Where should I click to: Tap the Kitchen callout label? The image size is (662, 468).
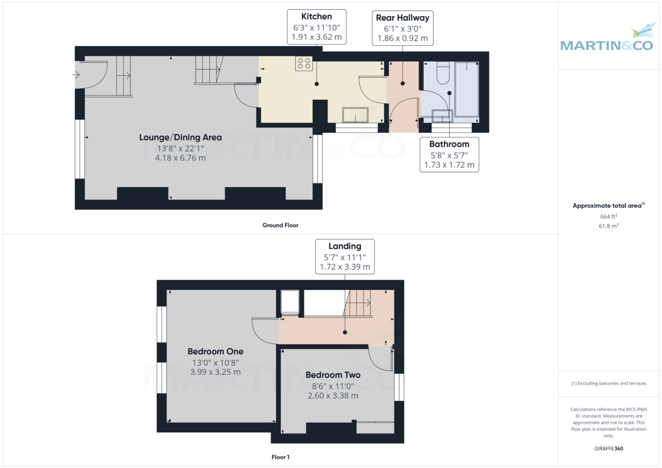coord(317,26)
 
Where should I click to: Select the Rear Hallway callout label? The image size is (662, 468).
coord(402,28)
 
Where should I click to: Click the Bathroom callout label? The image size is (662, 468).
coord(449,154)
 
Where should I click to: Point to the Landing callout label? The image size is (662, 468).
coord(345,256)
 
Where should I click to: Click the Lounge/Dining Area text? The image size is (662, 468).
coord(180,137)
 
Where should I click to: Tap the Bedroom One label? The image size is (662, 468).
coord(215,351)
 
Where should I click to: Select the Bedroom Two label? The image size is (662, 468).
coord(333,375)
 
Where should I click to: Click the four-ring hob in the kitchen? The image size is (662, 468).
coord(303,64)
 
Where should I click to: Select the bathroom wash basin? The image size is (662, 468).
coord(442,116)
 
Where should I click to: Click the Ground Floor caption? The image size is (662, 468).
coord(280,225)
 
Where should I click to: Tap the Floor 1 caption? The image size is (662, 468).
coord(280,457)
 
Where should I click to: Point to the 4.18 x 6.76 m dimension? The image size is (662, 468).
coord(180,158)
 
